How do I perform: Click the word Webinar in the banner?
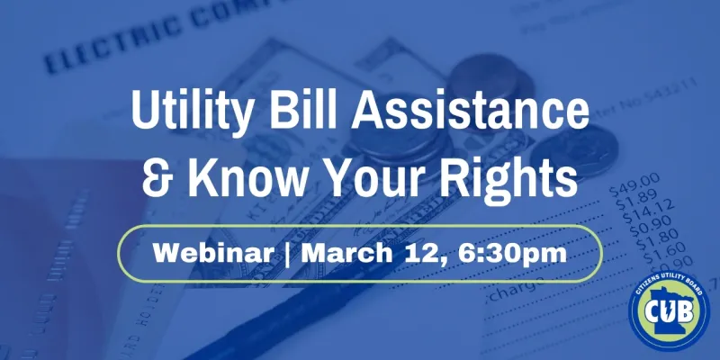point(211,251)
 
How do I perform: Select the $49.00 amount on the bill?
point(634,191)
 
